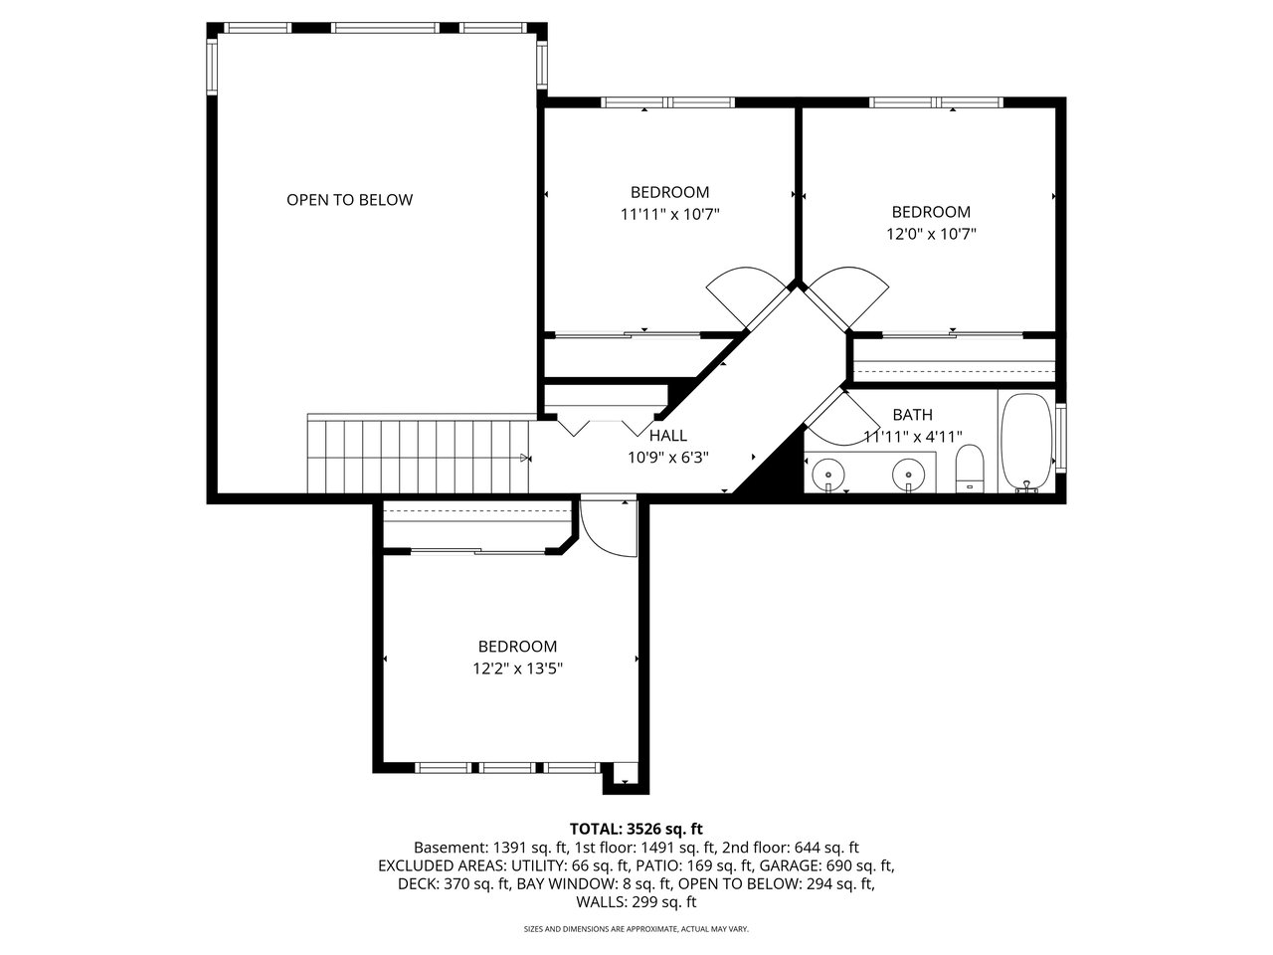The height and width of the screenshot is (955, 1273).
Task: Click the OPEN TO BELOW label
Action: [349, 200]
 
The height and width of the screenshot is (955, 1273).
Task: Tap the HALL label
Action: [668, 435]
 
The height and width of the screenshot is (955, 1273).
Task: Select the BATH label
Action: [912, 415]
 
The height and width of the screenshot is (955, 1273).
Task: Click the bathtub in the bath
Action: [1026, 443]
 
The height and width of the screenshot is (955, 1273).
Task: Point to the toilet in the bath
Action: [970, 470]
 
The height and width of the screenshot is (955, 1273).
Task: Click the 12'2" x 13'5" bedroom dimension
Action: [517, 668]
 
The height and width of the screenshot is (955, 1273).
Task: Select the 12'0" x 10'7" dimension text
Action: [931, 234]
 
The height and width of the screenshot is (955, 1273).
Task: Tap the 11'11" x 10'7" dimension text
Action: [669, 215]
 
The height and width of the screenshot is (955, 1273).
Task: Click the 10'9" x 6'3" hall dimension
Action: [668, 458]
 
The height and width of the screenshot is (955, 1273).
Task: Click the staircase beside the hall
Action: [418, 457]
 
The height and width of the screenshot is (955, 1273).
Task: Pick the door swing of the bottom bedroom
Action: [609, 527]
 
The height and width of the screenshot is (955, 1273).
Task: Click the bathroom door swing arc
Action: [843, 418]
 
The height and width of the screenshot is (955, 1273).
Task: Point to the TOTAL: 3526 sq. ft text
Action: [636, 829]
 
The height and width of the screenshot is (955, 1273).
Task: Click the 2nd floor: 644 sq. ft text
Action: [791, 848]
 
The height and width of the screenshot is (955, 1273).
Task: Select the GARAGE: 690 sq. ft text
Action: [827, 866]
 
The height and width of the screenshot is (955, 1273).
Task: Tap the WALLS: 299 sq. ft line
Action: [636, 902]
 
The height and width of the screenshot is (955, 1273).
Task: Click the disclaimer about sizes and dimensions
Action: [636, 929]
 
